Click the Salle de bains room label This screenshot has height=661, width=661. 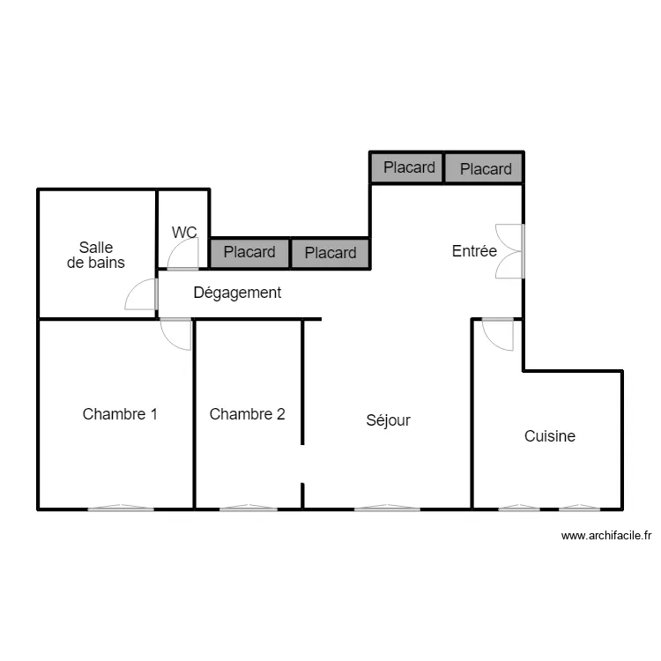click(95, 255)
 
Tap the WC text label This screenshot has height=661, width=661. click(184, 233)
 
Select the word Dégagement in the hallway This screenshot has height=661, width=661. click(237, 293)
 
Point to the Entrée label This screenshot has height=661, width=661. click(474, 251)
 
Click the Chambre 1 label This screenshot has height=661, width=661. click(120, 413)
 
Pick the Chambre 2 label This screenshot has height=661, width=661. click(247, 413)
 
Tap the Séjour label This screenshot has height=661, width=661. click(388, 420)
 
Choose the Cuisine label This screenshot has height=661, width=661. click(549, 435)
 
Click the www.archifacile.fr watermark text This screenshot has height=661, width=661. click(606, 535)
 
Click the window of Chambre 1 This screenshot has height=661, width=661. click(120, 509)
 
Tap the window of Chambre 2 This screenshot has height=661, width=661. click(248, 509)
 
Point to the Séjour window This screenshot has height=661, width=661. click(387, 509)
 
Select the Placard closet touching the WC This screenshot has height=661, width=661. click(249, 253)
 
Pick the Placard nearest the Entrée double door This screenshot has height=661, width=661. click(485, 168)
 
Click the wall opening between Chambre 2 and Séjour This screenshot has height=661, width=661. click(303, 464)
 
